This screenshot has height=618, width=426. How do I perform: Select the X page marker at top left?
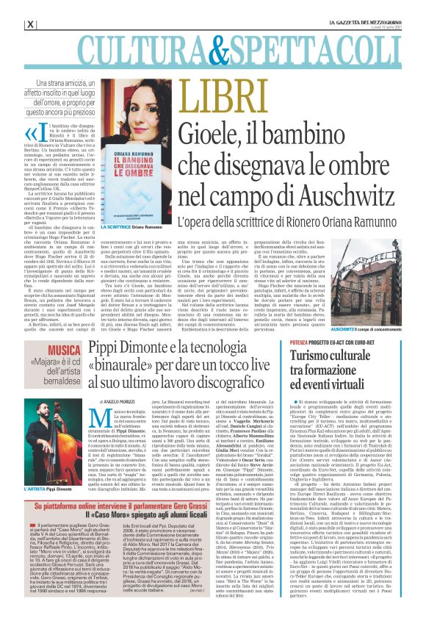coord(30,24)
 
